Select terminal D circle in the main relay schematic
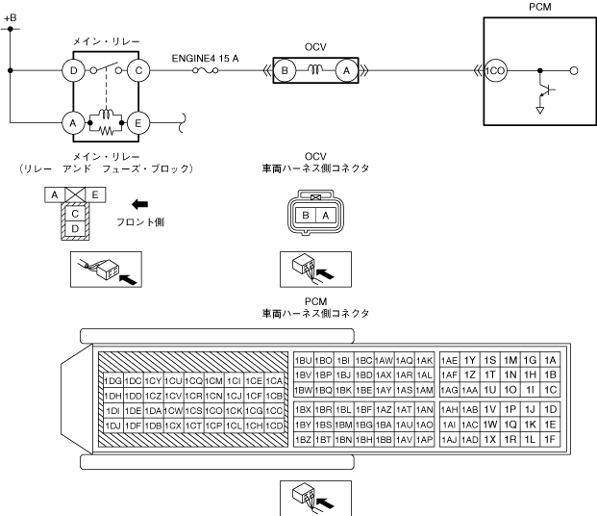[71, 69]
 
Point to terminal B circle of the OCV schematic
[285, 69]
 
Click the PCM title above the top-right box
[541, 7]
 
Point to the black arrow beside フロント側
[113, 204]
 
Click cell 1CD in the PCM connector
[274, 426]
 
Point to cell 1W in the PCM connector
[490, 424]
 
